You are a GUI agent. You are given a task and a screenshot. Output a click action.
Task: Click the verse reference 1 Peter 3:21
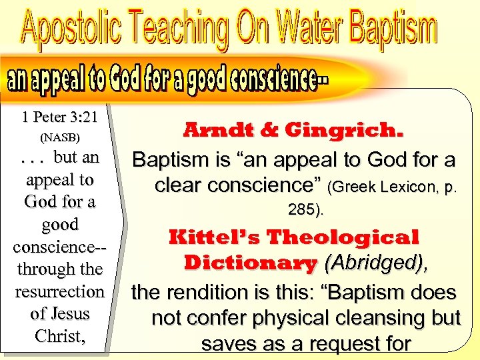coord(59,117)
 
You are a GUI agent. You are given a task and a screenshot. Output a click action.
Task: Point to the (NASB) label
coord(59,138)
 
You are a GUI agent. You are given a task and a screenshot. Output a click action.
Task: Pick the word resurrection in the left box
coord(59,291)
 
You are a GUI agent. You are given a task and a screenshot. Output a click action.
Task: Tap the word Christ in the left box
coord(57,335)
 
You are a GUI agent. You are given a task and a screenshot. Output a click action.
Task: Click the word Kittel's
coord(215,237)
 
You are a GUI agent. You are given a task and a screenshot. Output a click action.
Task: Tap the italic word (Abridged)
coord(374,263)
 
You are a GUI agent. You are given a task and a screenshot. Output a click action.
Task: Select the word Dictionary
coord(250,263)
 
